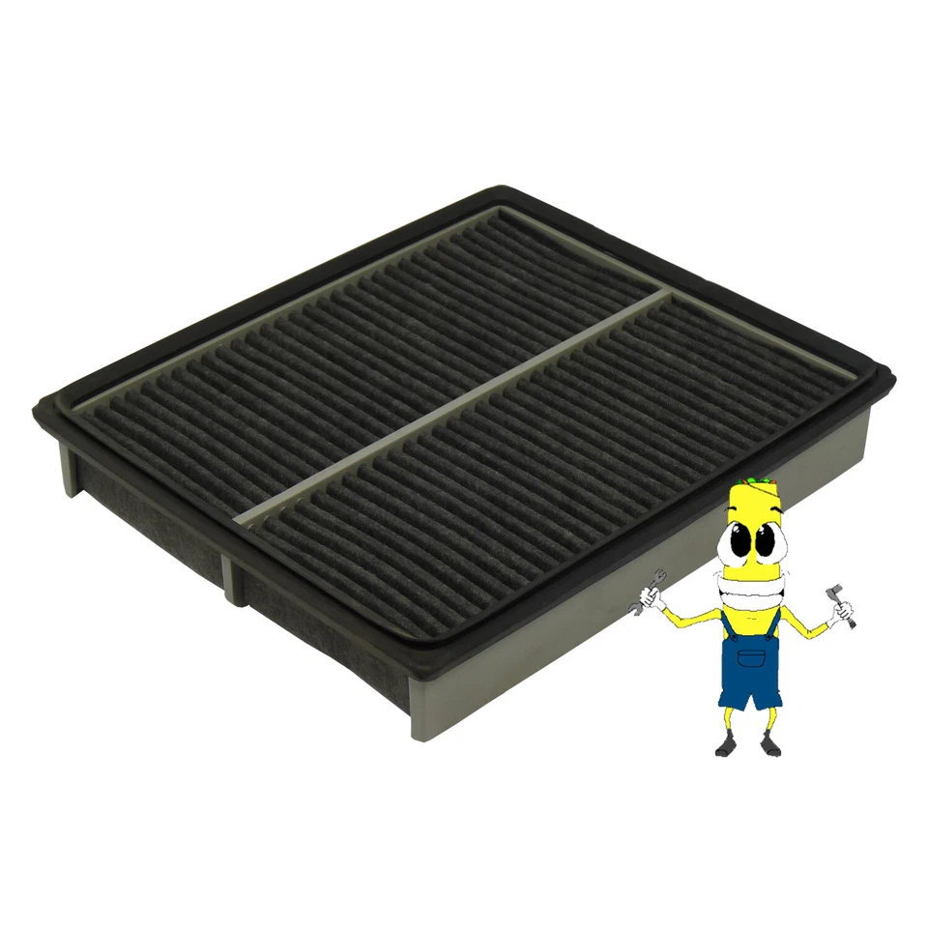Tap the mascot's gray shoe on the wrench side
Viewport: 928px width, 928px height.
point(727,746)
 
